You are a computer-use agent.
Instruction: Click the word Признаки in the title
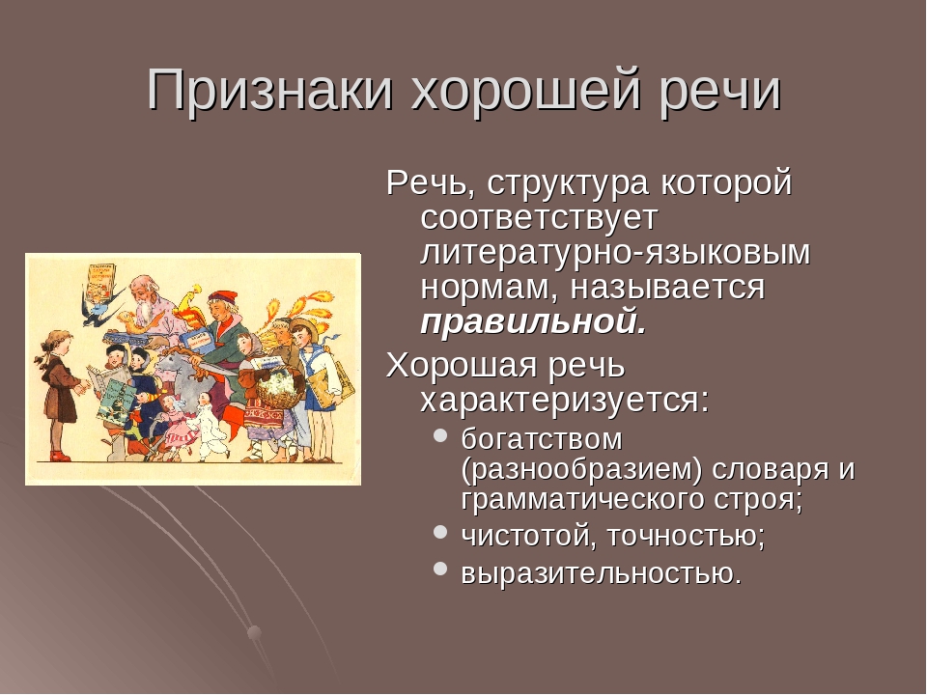pos(270,91)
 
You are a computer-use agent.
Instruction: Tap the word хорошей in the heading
pos(526,91)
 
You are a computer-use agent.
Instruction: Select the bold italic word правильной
pos(534,322)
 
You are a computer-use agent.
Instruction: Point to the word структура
pos(568,182)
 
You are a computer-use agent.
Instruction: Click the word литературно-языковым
pos(615,252)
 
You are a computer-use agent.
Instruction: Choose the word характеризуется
pos(565,400)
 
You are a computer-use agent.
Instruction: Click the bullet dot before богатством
pos(440,435)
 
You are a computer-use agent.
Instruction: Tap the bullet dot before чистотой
pos(440,531)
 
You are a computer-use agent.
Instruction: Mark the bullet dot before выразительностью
pos(440,569)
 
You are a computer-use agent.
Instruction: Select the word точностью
pos(687,536)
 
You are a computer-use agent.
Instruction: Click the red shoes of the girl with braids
pos(60,456)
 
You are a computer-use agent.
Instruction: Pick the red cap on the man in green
pos(222,296)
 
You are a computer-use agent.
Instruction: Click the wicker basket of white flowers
pos(277,388)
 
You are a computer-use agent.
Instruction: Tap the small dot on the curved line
pos(254,633)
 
